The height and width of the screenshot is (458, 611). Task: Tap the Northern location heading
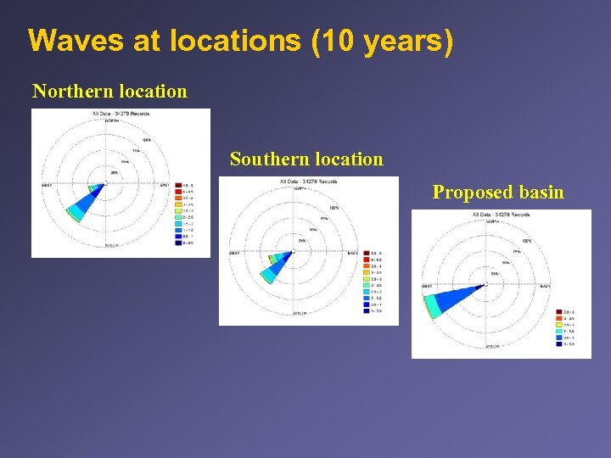click(x=109, y=91)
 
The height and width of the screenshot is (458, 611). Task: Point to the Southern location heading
click(x=306, y=159)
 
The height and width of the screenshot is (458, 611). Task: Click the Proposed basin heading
click(x=498, y=192)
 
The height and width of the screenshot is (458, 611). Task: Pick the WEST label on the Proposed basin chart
click(x=427, y=287)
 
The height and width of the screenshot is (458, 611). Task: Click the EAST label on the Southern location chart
click(x=352, y=252)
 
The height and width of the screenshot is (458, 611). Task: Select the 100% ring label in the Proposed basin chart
click(x=526, y=241)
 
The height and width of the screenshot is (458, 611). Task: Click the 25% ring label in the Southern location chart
click(x=303, y=239)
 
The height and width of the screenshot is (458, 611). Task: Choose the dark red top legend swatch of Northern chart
click(x=180, y=186)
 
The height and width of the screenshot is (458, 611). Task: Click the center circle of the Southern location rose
click(x=294, y=252)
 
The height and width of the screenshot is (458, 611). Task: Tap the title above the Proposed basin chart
click(x=501, y=215)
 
